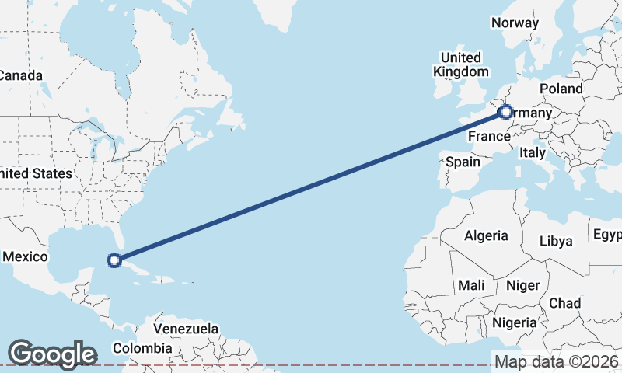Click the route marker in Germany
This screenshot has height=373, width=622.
click(x=505, y=112)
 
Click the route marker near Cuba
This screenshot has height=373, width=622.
click(x=114, y=260)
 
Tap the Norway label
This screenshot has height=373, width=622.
click(x=515, y=23)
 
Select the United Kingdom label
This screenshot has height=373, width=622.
click(x=461, y=64)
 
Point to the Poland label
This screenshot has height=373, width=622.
click(x=561, y=89)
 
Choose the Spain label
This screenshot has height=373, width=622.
click(x=463, y=162)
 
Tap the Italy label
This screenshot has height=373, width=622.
click(x=533, y=152)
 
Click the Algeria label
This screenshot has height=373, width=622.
click(x=486, y=235)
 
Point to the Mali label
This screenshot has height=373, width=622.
click(x=471, y=285)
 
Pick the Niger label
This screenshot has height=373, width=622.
click(x=522, y=285)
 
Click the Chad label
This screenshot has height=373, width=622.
click(x=564, y=302)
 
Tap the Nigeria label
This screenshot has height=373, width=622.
click(x=512, y=322)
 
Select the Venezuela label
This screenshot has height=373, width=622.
click(x=185, y=329)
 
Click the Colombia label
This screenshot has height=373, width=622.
click(x=142, y=348)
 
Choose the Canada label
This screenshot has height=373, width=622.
click(x=20, y=75)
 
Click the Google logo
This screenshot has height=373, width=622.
click(x=52, y=354)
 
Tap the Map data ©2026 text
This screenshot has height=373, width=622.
click(x=556, y=361)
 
